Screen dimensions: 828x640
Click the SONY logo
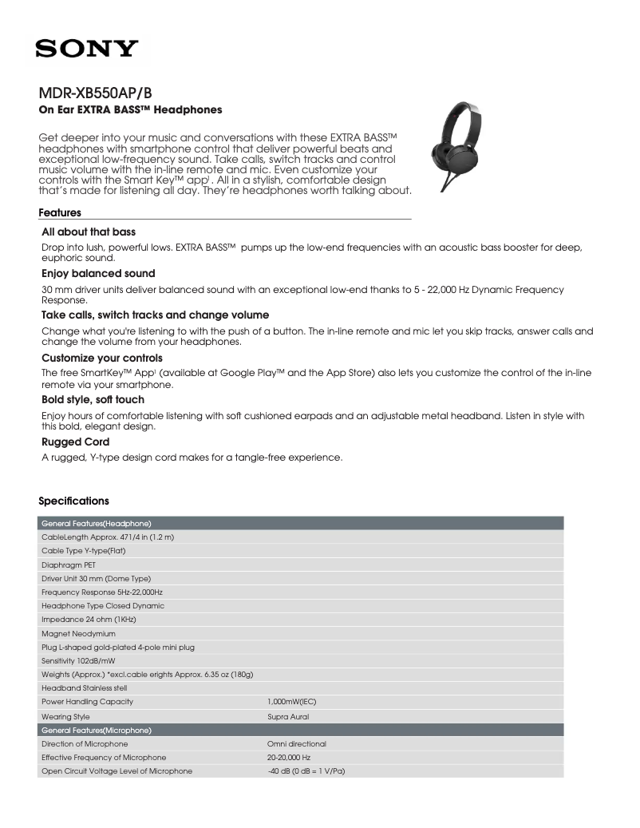tap(87, 50)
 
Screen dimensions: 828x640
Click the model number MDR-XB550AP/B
tap(95, 92)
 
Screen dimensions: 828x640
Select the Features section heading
tap(60, 213)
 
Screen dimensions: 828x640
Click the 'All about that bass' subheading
tap(89, 232)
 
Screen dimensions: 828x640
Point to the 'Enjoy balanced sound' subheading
tap(98, 273)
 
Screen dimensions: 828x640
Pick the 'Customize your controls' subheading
tap(101, 358)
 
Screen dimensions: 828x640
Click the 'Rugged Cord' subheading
tap(75, 442)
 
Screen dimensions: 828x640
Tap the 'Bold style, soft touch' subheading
tap(93, 399)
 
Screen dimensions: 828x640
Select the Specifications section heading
tap(73, 501)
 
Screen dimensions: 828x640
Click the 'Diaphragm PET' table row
tap(68, 565)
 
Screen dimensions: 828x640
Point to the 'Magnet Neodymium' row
tap(78, 633)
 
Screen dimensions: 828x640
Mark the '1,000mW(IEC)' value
tap(292, 702)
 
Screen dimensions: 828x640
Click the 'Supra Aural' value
tap(287, 716)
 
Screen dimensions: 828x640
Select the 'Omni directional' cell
tap(296, 743)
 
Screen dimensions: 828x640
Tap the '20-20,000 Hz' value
tap(288, 757)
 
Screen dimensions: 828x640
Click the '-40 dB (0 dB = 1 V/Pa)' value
tap(306, 771)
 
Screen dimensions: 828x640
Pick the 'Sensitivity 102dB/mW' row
tap(77, 661)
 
